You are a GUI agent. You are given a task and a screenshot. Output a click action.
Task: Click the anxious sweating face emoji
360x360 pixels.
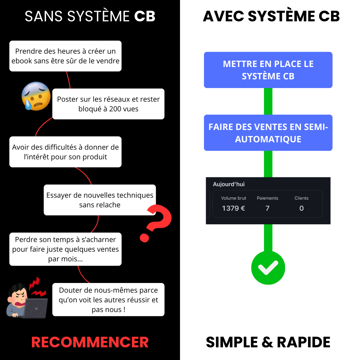click(x=36, y=96)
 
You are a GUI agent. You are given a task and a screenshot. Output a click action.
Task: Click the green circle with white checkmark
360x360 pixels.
click(x=268, y=268)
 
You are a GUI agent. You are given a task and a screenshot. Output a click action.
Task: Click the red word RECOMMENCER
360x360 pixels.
click(x=90, y=342)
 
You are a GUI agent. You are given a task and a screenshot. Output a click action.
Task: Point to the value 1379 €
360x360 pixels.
click(x=233, y=208)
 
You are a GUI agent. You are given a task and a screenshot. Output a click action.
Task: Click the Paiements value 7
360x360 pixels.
click(x=267, y=208)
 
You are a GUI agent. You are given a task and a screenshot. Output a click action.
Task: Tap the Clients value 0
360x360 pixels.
click(x=301, y=208)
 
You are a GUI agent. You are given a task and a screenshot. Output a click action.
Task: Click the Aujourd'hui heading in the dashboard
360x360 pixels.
click(x=229, y=184)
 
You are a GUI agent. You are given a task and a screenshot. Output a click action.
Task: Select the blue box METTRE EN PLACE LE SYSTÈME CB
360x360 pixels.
click(x=268, y=70)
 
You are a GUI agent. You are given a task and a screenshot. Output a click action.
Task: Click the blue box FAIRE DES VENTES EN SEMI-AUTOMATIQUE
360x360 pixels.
click(x=268, y=133)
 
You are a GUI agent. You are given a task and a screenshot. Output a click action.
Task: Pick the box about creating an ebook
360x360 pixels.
click(x=65, y=56)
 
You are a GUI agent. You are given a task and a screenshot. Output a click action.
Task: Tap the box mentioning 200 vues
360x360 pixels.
click(x=108, y=104)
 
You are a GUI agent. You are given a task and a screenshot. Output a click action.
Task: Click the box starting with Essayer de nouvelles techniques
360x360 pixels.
click(x=100, y=200)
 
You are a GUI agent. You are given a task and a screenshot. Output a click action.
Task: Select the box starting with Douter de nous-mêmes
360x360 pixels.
click(x=108, y=300)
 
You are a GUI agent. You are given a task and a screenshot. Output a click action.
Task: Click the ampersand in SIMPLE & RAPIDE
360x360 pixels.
click(x=267, y=342)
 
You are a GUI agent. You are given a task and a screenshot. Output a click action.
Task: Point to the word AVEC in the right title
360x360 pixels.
click(x=223, y=16)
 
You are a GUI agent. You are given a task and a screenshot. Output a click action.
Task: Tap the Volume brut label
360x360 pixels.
click(x=233, y=198)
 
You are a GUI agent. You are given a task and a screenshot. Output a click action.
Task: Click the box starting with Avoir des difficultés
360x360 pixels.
click(x=65, y=152)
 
